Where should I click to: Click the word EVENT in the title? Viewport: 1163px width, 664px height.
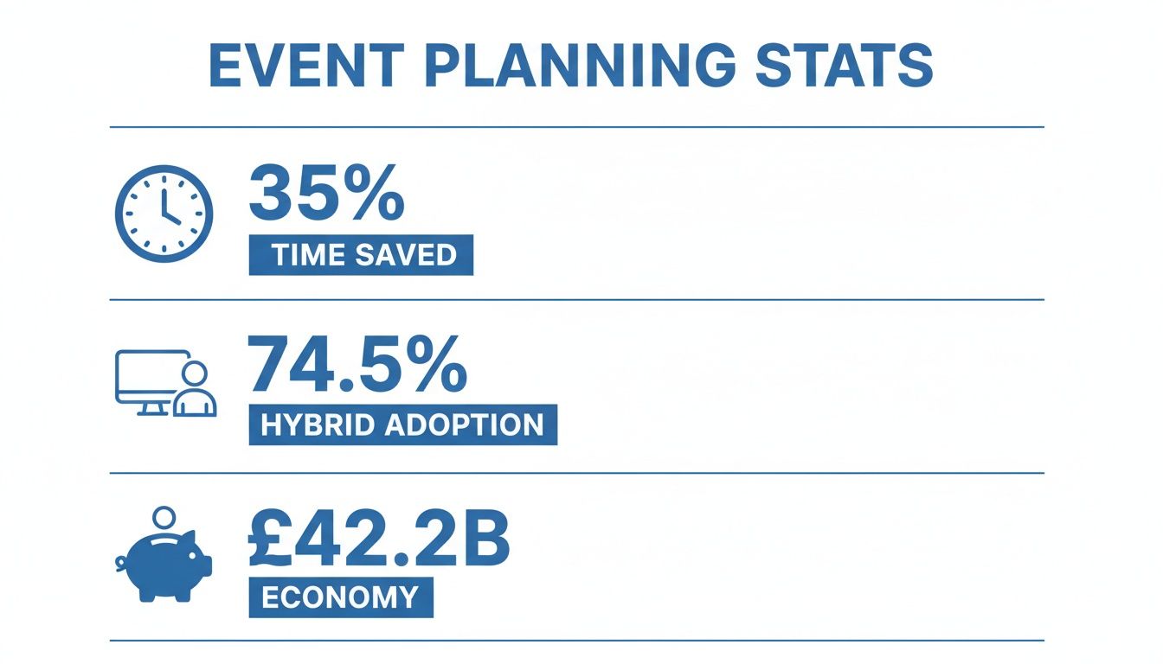307,65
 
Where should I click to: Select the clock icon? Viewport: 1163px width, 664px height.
164,213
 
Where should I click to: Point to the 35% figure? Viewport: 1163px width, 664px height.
326,194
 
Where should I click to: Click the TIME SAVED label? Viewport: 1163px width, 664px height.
361,255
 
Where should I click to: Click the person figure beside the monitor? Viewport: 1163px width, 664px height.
195,391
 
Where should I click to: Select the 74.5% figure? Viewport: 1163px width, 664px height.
357,366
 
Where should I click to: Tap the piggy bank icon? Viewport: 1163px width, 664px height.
166,566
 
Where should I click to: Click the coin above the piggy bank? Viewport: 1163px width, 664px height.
163,520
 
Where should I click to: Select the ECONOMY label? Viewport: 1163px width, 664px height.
340,597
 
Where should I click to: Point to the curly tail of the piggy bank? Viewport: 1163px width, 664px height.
122,564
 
